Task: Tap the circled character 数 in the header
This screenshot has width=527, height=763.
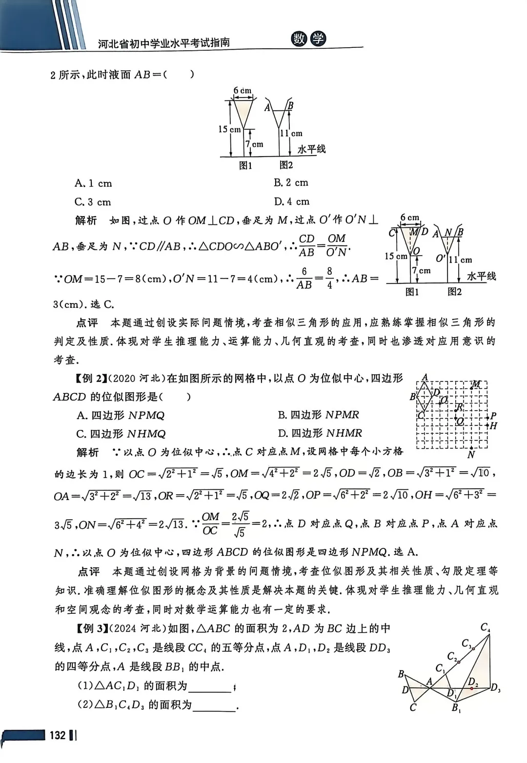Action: point(299,40)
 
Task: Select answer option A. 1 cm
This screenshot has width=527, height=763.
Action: point(93,183)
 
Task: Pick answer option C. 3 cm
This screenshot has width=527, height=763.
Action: point(93,202)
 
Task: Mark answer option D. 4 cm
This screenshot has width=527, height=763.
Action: point(292,201)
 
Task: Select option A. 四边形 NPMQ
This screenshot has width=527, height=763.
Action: point(121,415)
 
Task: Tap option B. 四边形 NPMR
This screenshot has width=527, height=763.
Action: point(319,415)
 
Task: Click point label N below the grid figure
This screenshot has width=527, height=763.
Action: point(471,455)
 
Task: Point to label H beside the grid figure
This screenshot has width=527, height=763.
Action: point(493,425)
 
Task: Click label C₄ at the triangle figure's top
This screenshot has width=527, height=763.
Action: point(485,627)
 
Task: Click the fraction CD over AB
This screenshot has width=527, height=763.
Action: point(306,245)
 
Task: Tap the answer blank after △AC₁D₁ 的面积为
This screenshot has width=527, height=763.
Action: point(209,686)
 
